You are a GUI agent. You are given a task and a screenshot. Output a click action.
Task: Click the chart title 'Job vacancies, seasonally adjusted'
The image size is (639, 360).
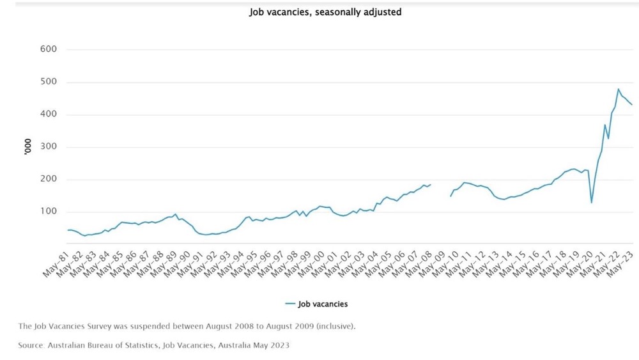pos(325,12)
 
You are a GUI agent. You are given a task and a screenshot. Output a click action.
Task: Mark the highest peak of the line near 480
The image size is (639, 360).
pos(618,90)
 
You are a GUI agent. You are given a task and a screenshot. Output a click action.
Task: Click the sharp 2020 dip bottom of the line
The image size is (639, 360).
pos(591,203)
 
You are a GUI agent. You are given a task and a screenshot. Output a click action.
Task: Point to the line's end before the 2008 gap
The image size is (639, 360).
pos(431,184)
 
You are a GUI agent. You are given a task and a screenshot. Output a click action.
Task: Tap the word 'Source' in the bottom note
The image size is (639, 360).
pos(31,345)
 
